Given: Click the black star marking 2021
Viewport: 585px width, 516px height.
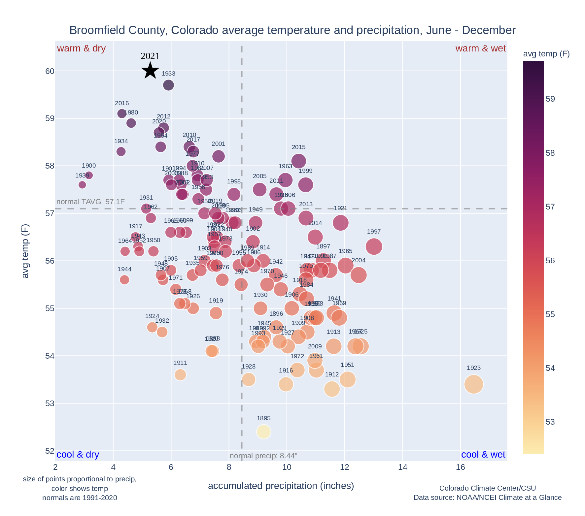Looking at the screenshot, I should point(150,71).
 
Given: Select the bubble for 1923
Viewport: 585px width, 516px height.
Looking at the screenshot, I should point(473,384).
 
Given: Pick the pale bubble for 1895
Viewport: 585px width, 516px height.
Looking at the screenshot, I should point(263,432).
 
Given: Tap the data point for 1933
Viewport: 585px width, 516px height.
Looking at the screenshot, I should point(168,85).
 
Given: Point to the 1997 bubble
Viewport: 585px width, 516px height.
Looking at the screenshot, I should point(374,246).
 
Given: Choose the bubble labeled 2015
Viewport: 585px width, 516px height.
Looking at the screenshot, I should point(298,161).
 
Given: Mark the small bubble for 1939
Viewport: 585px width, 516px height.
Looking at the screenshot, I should point(82,185).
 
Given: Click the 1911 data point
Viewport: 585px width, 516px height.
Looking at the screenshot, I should point(180,375).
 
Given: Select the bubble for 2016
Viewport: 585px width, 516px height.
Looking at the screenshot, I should point(122,113).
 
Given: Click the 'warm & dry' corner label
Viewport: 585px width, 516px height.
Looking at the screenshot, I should point(81,48).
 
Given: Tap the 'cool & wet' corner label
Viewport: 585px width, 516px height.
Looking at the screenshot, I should point(483,455).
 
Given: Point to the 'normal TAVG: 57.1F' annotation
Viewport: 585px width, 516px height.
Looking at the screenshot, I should point(91,202).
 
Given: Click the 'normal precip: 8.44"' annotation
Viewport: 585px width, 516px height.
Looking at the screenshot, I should point(263,456).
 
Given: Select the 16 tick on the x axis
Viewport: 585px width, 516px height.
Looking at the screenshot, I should point(460,467).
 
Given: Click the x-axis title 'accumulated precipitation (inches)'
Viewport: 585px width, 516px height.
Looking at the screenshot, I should point(281,486).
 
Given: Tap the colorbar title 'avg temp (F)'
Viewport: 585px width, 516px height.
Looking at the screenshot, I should point(546,54).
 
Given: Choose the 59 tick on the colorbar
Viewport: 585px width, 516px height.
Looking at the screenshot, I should point(550,99).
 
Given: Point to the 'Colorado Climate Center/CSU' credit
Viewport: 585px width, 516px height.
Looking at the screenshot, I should point(487,488).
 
